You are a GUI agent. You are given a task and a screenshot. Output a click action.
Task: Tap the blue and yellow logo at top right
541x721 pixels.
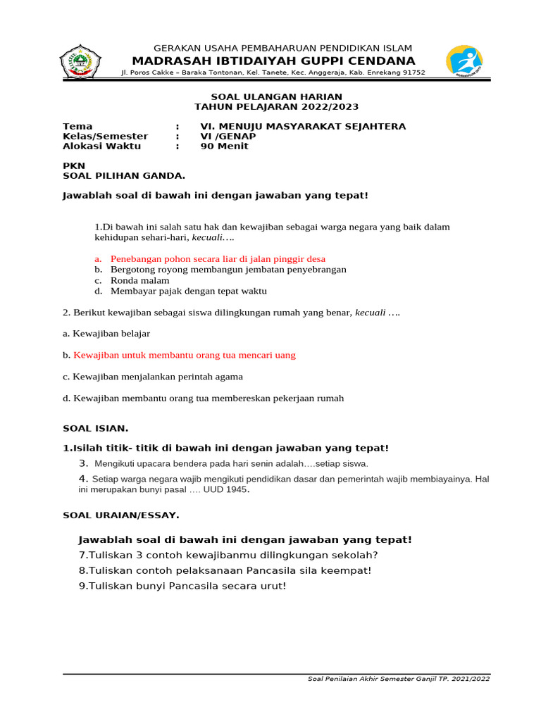466,61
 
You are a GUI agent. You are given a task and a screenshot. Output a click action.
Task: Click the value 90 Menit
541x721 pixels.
225,146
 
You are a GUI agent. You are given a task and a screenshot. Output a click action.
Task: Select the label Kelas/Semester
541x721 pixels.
106,137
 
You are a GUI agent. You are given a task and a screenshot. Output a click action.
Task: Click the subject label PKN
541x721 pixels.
74,166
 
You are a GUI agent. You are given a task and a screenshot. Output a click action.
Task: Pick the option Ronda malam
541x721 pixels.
139,280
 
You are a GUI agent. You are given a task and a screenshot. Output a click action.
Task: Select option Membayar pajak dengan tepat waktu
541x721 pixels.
188,291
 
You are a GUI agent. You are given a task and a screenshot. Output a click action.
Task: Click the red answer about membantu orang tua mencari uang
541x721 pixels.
185,356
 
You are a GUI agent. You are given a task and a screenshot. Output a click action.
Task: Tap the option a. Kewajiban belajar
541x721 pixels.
106,334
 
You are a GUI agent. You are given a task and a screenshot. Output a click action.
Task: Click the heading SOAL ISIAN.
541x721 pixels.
96,428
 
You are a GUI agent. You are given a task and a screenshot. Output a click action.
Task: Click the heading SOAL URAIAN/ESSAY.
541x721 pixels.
121,515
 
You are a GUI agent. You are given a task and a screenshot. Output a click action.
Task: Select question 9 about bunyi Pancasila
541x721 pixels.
183,586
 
